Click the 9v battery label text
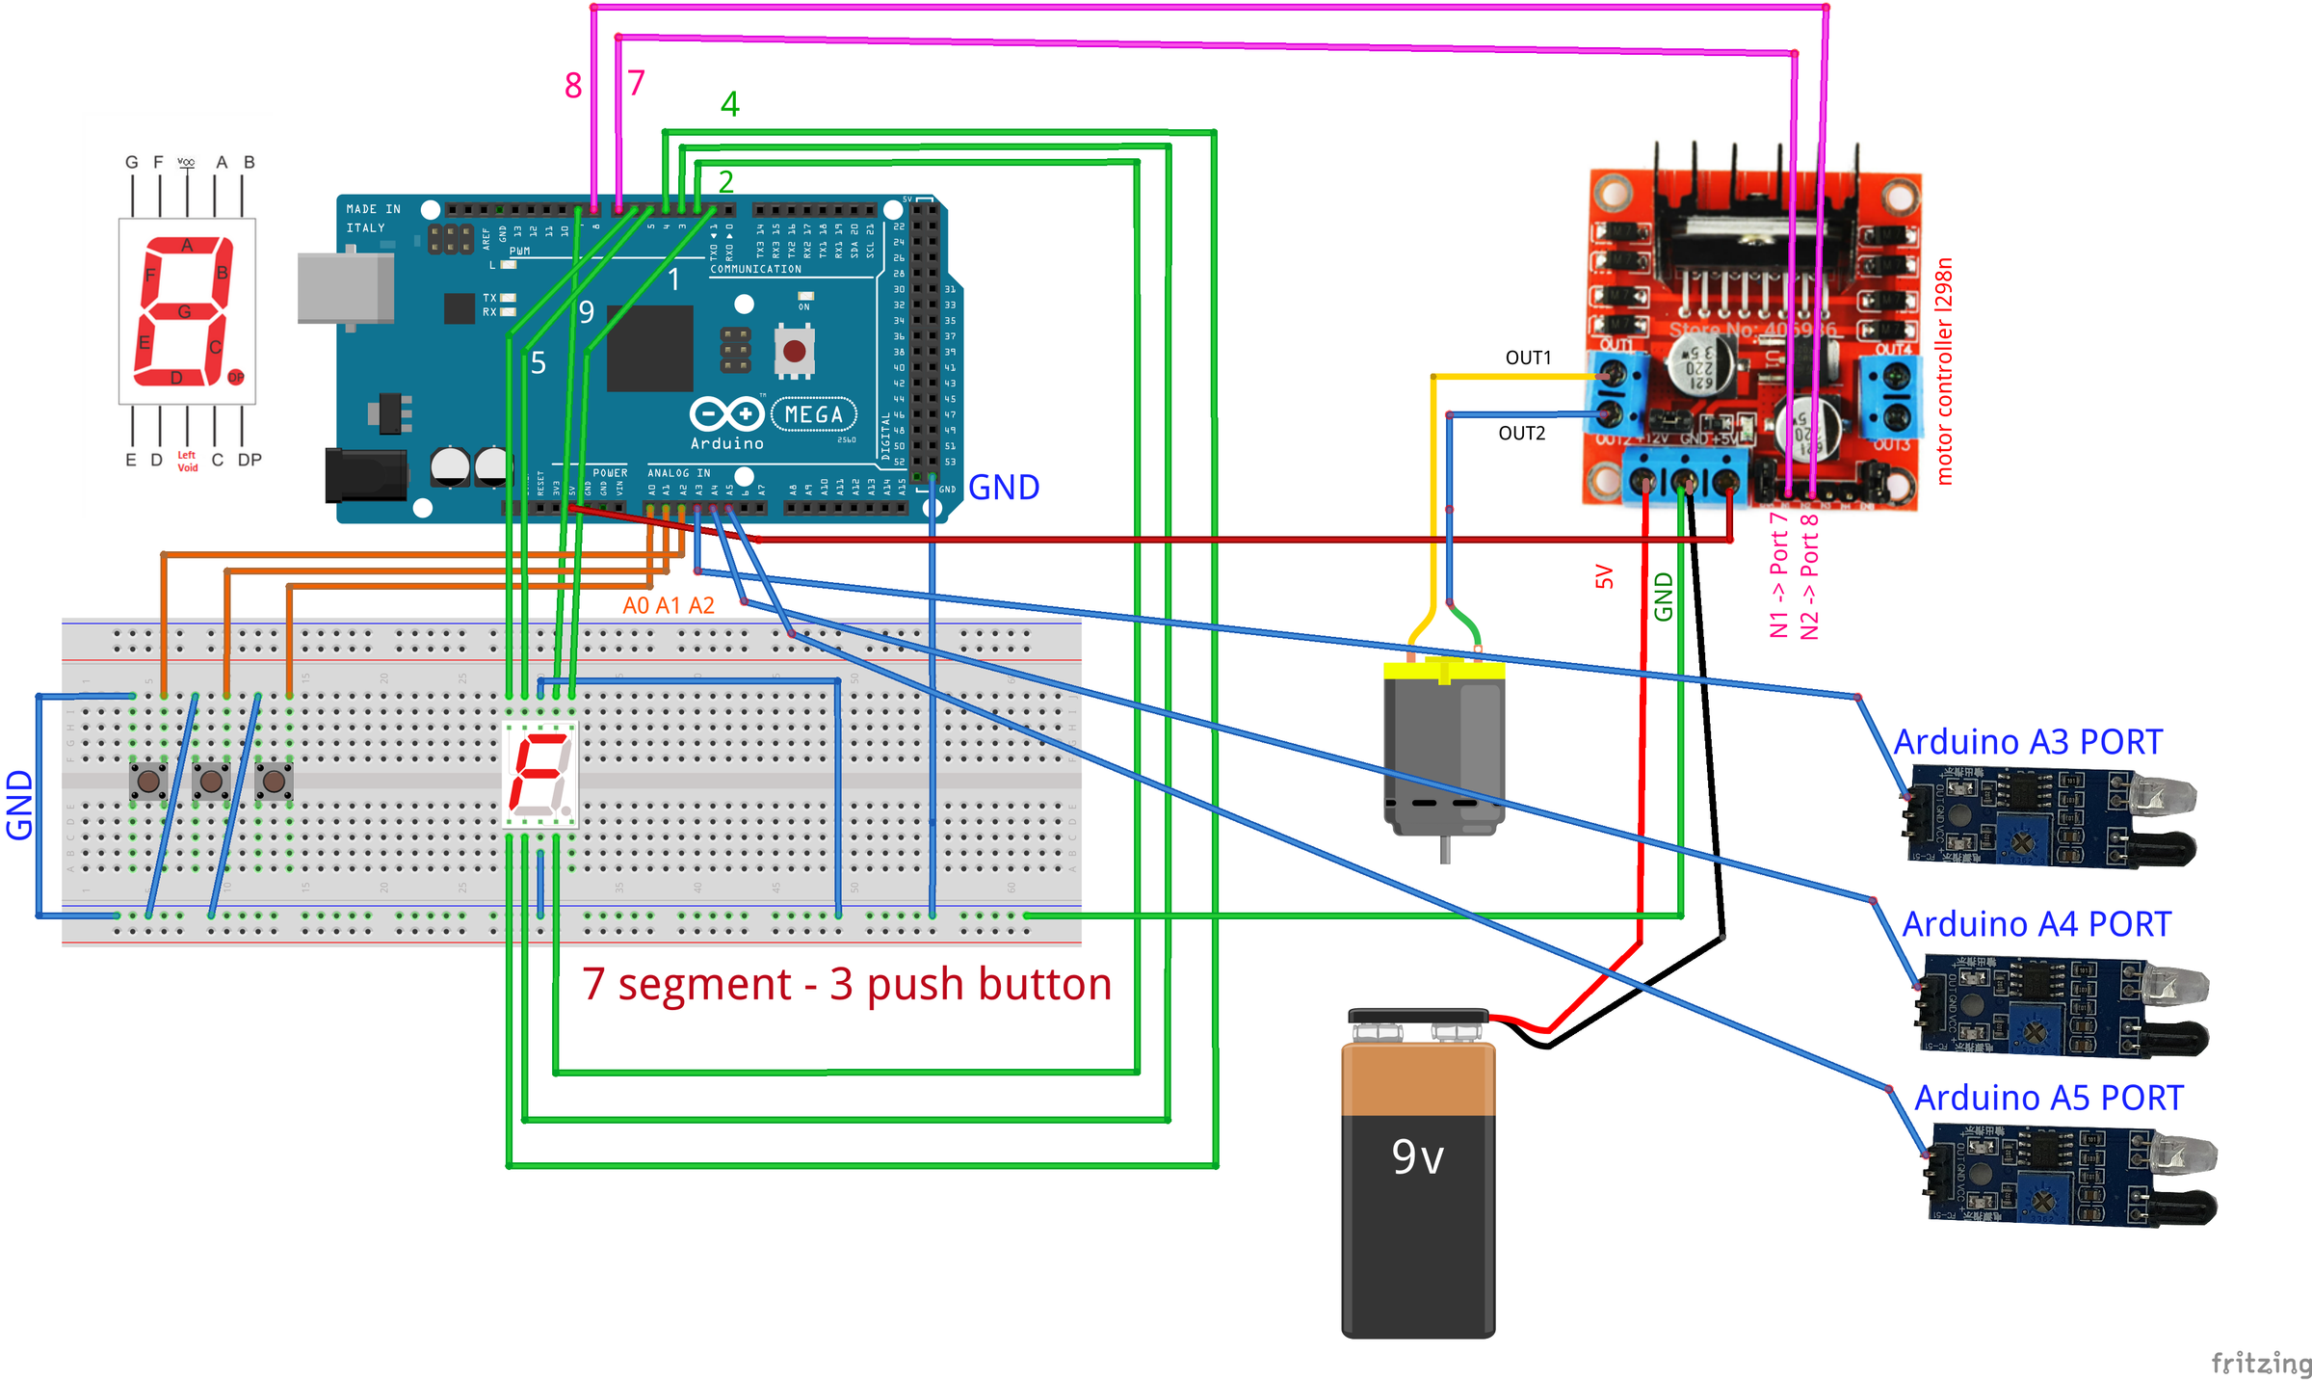1417,1157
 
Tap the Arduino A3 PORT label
2028,742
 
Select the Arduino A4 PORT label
2036,924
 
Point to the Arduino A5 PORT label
2048,1098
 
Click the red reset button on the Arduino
794,351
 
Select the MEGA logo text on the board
813,414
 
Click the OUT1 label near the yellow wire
1528,358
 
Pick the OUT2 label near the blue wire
1521,434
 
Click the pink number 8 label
573,87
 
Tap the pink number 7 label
636,83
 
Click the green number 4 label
730,104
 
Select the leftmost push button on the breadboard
148,781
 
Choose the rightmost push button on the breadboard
274,781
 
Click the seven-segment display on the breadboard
540,774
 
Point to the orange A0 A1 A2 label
669,606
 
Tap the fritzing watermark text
2260,1363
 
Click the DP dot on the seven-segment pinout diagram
236,377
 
